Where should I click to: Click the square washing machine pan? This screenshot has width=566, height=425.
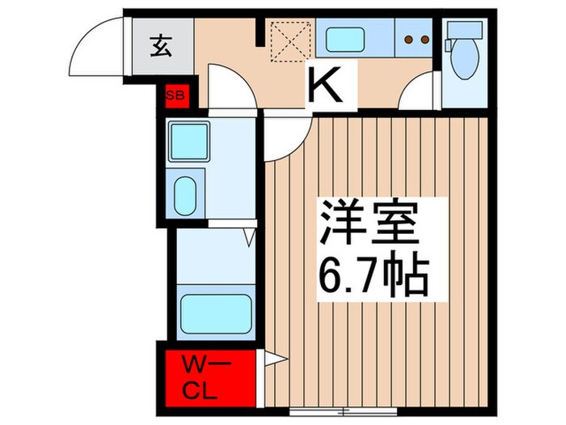pos(189,140)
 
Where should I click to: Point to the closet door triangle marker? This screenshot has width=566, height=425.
pos(272,358)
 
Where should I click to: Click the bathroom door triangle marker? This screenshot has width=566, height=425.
pos(250,236)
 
